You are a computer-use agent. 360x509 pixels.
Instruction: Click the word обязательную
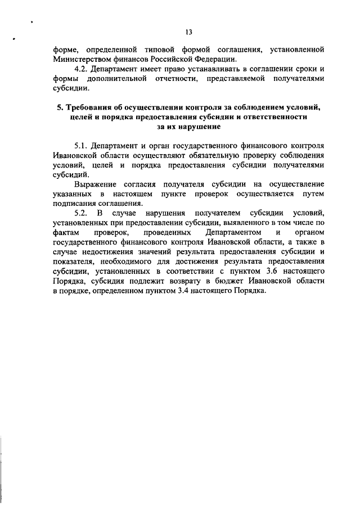coord(220,155)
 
